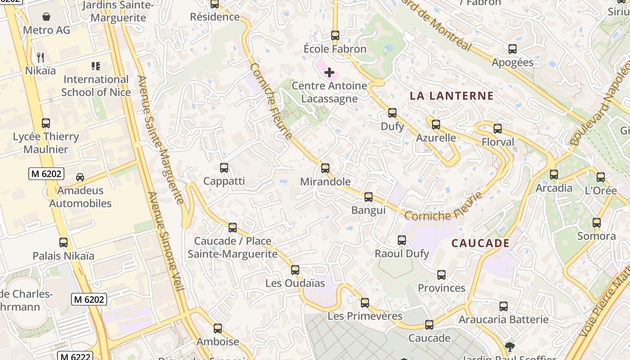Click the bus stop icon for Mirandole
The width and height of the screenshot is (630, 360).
coord(325,168)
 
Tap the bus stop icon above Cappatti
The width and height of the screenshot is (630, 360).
coord(224,168)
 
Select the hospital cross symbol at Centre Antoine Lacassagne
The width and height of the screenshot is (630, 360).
coord(329,72)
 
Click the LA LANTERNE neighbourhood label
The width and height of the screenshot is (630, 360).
coord(452,96)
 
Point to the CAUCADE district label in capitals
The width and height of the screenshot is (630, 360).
coord(481,243)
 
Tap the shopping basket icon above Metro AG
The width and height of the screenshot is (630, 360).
coord(46,17)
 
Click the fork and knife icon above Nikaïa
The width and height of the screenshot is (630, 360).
coord(40,57)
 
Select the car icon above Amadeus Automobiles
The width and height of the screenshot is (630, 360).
coord(80,177)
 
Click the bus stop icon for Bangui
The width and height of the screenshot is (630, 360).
coord(369,197)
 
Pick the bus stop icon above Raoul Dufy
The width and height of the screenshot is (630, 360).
coord(402,240)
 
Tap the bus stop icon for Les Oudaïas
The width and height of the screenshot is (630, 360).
coord(295,270)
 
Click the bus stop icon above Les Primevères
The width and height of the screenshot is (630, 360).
coord(365,303)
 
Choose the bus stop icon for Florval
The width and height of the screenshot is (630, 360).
coord(498,129)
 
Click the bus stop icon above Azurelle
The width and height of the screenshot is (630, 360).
coord(436,125)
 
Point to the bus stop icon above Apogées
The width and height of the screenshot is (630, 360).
coord(513,49)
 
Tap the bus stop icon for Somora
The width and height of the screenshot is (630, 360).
coord(597,223)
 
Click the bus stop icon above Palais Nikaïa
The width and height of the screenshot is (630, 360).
coord(63,243)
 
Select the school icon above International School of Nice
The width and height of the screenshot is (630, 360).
coord(96,67)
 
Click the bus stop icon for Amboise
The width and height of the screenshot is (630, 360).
coord(218,328)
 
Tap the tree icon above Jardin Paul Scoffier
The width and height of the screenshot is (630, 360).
coord(510,346)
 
